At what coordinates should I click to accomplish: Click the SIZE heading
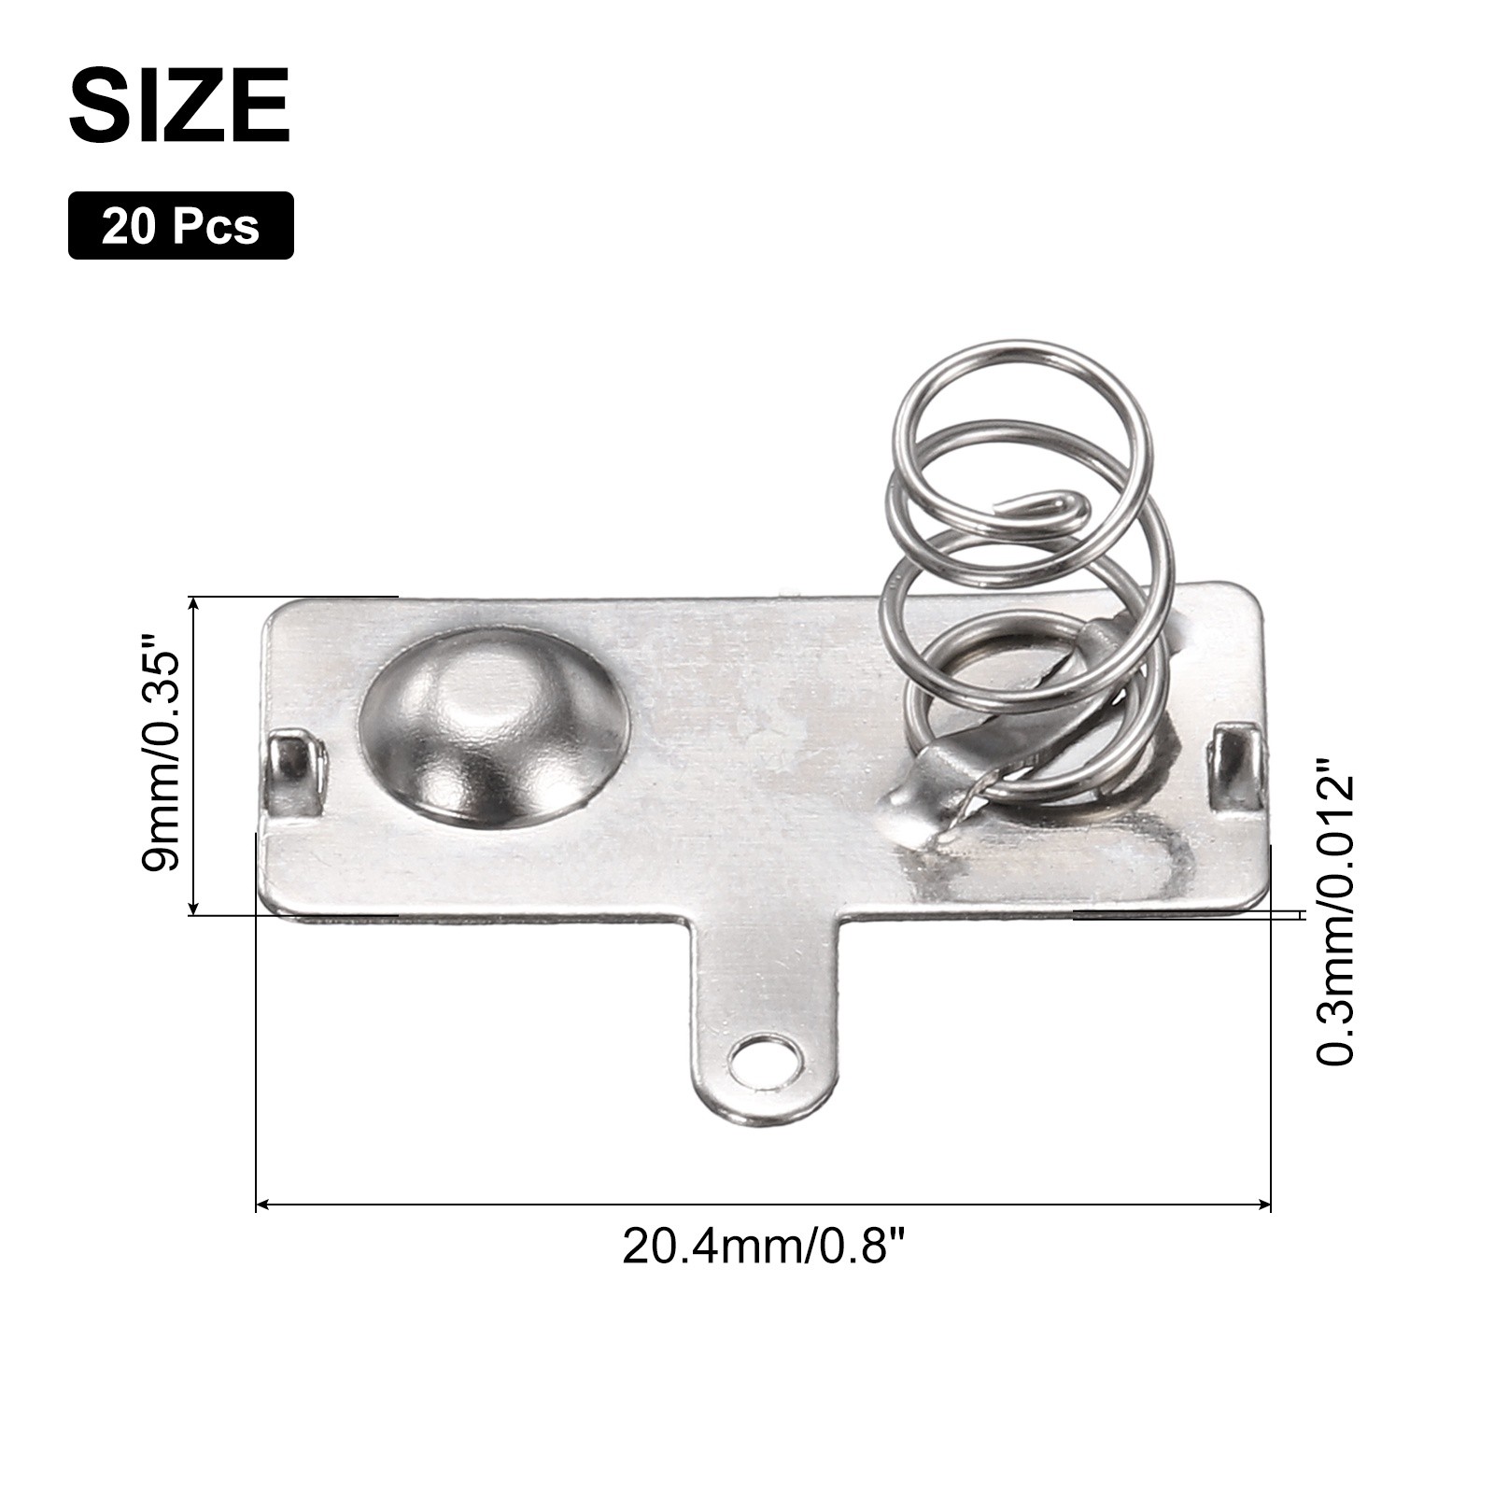179,106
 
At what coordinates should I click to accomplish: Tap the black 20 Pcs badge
181,225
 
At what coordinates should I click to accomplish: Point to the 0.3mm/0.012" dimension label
1333,919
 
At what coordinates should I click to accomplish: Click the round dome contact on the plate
492,726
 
